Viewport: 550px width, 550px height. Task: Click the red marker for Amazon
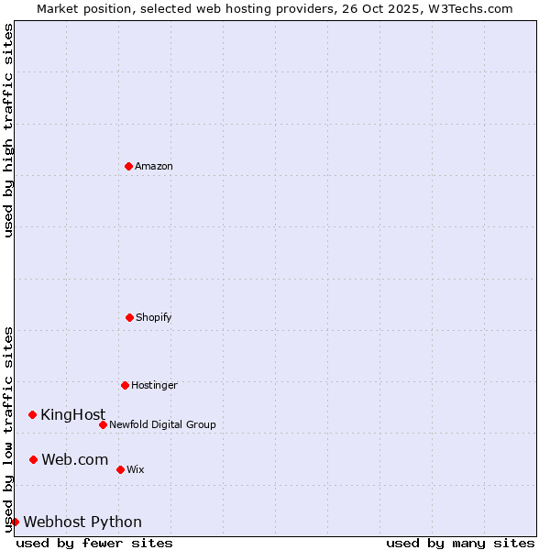tap(128, 166)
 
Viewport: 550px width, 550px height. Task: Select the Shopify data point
tap(129, 317)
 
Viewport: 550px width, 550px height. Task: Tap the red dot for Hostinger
tap(125, 385)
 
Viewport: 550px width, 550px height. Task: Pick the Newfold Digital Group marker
tap(103, 424)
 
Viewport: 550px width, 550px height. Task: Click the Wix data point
tap(120, 469)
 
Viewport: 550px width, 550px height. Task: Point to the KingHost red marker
tap(32, 414)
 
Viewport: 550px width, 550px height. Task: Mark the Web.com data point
tap(33, 459)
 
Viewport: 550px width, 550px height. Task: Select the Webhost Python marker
tap(15, 522)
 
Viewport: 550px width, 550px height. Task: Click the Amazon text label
tap(154, 166)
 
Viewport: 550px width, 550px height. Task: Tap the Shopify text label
tap(154, 317)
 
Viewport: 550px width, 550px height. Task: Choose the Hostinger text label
tap(154, 385)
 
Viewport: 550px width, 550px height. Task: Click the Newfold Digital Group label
tap(162, 424)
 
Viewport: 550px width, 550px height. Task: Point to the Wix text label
tap(135, 469)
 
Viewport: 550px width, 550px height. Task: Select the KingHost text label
tap(72, 414)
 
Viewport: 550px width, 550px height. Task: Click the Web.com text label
tap(74, 459)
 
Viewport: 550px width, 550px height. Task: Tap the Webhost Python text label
tap(82, 522)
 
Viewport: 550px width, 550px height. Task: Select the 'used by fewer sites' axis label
tap(94, 543)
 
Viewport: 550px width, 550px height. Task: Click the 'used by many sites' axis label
tap(460, 543)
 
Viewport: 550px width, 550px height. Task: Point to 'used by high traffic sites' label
tap(8, 130)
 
